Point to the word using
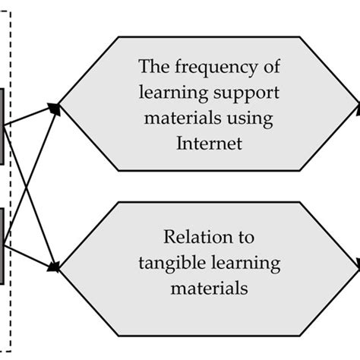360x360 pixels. click(261, 118)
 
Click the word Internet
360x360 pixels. click(210, 143)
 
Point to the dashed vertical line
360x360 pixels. click(10, 182)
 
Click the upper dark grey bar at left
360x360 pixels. click(2, 125)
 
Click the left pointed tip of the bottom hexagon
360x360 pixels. click(60, 266)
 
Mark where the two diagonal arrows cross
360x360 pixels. click(30, 185)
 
